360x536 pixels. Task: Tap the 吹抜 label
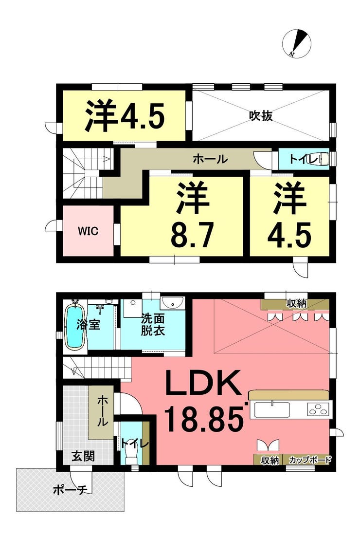(x=261, y=116)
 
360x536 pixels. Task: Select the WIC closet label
(x=88, y=231)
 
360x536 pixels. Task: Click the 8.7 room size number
(x=192, y=235)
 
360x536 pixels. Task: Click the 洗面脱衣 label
(x=153, y=325)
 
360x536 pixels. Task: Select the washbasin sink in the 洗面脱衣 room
(x=173, y=302)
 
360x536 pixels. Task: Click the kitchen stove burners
(x=318, y=409)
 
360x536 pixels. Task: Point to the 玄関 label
(x=83, y=456)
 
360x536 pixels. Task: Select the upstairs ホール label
(x=210, y=159)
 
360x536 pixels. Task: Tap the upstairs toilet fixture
(x=318, y=159)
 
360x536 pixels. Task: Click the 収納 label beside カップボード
(x=270, y=460)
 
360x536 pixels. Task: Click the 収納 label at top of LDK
(x=296, y=303)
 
